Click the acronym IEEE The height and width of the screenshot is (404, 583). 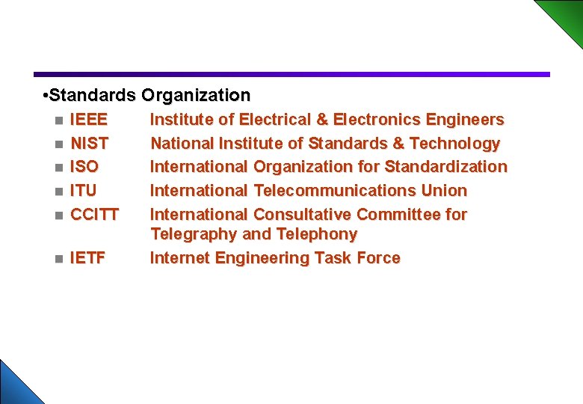coord(88,120)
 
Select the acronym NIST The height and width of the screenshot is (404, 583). coord(89,143)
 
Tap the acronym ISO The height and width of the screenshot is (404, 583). coord(84,167)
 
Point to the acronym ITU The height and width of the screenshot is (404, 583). coord(83,191)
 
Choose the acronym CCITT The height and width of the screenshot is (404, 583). coord(94,215)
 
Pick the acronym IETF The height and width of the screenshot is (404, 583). coord(87,259)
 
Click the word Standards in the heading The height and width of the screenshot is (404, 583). coord(90,96)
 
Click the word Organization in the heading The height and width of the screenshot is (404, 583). coord(196,96)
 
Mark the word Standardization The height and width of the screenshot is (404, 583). coord(445,167)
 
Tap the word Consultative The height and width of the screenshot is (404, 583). coord(303,215)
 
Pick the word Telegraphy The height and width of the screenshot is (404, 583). coord(194,235)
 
